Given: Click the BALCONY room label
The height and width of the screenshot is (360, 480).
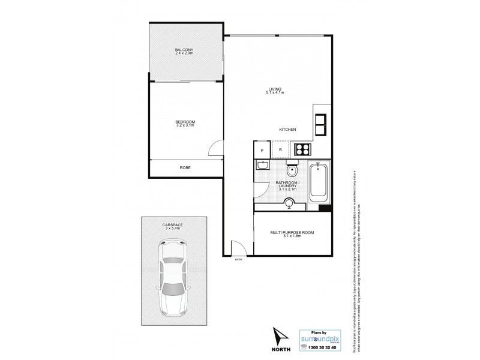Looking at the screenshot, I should point(184,51).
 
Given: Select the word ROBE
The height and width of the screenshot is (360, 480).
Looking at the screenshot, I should point(185,169).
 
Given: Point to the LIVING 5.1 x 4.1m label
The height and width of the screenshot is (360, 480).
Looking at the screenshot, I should point(275,91).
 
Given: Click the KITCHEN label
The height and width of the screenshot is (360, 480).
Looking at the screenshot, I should point(288,130).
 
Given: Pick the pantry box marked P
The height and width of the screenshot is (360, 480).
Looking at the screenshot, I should point(262,149).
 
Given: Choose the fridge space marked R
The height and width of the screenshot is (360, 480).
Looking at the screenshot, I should point(280,149).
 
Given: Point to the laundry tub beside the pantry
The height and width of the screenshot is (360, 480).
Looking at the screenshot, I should point(262,165).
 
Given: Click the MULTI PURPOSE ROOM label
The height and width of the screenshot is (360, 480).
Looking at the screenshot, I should point(292,233).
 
